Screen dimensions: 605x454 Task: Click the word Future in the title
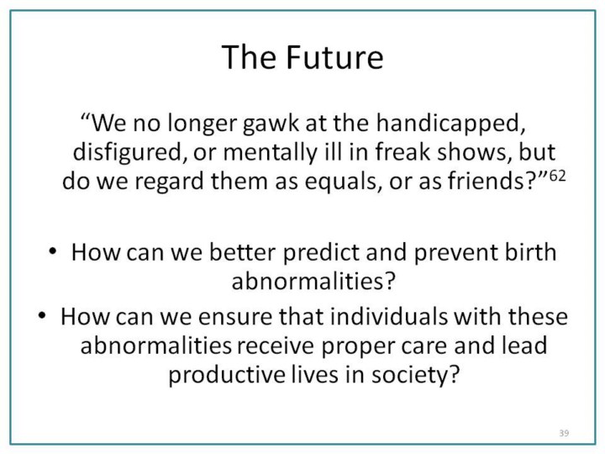tap(334, 57)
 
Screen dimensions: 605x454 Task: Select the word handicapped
tap(450, 123)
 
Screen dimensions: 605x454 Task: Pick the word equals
tap(340, 181)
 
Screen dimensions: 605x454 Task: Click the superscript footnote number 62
tap(557, 176)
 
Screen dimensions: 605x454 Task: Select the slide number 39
tap(564, 433)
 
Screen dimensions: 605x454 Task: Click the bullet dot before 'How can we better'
tap(52, 251)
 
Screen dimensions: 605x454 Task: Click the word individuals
tap(388, 316)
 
